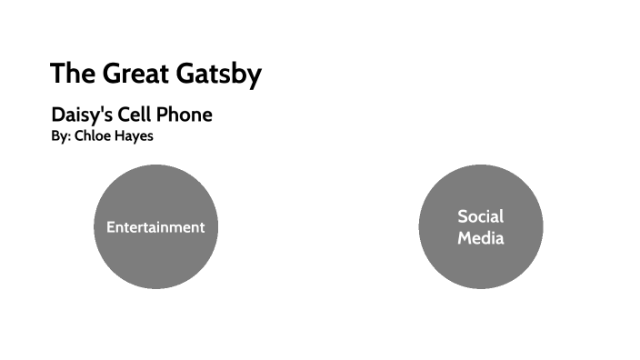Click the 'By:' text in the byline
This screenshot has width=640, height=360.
pyautogui.click(x=61, y=135)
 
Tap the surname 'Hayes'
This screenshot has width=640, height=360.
pyautogui.click(x=135, y=135)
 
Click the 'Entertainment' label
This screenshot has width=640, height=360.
pyautogui.click(x=155, y=227)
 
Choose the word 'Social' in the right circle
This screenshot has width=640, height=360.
pyautogui.click(x=480, y=216)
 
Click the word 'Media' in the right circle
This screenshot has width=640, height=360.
pyautogui.click(x=480, y=238)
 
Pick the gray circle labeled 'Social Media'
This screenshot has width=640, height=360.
pyautogui.click(x=480, y=268)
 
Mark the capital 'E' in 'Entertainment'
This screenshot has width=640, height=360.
pyautogui.click(x=110, y=227)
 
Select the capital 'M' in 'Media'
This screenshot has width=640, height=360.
pyautogui.click(x=464, y=238)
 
